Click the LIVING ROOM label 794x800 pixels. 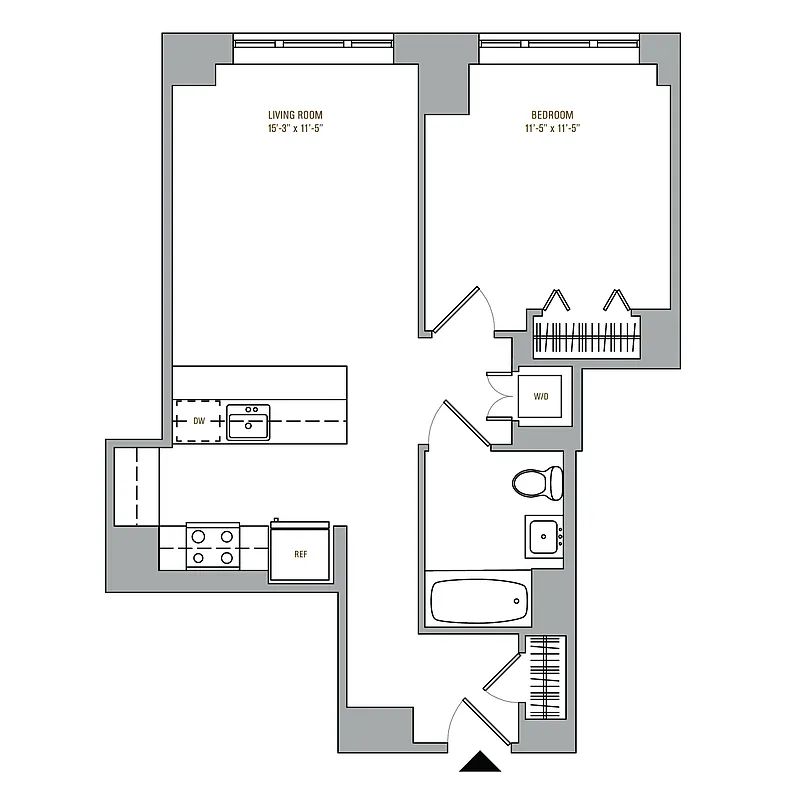click(x=295, y=115)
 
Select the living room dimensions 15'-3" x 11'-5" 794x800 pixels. click(x=295, y=129)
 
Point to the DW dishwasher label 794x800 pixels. click(x=198, y=421)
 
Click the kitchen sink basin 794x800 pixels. click(x=247, y=424)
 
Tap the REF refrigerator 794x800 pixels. click(x=300, y=552)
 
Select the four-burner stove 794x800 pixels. click(x=213, y=547)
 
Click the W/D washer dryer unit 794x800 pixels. click(x=541, y=397)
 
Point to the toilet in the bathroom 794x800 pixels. click(x=537, y=483)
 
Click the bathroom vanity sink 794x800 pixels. click(x=545, y=536)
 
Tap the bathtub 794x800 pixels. click(x=478, y=601)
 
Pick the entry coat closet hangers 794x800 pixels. click(x=546, y=670)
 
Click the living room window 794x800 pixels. click(x=313, y=43)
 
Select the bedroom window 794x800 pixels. click(x=558, y=43)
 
